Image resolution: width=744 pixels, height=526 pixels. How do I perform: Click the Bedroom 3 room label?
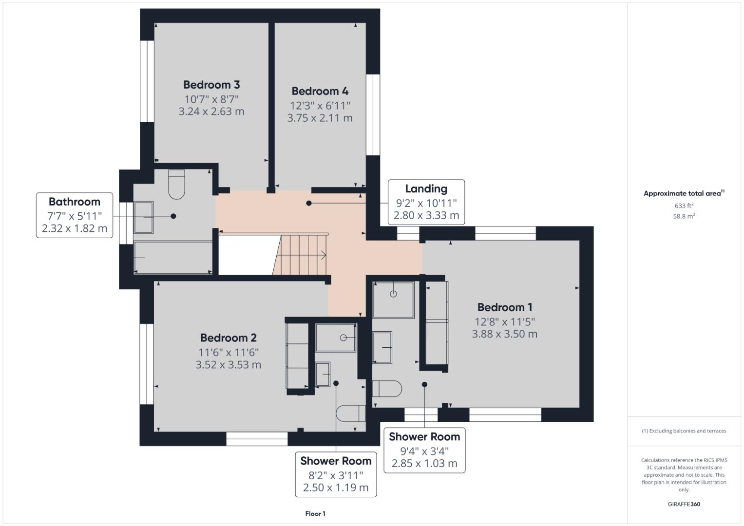[211, 85]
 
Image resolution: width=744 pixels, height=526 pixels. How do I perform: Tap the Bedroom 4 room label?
[320, 91]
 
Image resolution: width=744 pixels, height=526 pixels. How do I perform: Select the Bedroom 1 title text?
[505, 307]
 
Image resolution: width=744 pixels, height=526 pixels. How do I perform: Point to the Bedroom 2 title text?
[229, 338]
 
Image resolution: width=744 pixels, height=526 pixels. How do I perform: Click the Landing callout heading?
[426, 188]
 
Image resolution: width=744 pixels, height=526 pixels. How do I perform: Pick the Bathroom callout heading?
[75, 202]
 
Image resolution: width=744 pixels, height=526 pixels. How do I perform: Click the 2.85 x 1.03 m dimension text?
[424, 463]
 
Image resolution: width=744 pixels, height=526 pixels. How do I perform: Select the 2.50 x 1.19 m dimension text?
[336, 488]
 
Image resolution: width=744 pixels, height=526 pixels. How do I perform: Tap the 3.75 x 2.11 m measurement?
[320, 118]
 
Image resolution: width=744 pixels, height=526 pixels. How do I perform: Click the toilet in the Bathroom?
[176, 184]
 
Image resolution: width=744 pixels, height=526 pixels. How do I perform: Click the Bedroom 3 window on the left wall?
[147, 81]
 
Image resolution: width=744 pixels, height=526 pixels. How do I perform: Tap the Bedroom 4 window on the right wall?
[373, 114]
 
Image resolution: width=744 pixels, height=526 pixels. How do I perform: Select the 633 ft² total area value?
[684, 206]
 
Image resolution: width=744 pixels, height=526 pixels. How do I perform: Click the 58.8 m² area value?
[684, 216]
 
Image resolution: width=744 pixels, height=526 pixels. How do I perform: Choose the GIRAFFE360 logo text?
[684, 504]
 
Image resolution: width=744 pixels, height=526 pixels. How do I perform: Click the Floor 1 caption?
[315, 514]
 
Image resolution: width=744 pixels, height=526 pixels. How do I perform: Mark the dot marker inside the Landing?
[309, 203]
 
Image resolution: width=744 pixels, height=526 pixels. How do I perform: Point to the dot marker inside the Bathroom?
[173, 216]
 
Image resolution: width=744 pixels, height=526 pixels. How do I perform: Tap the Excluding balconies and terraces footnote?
[684, 431]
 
